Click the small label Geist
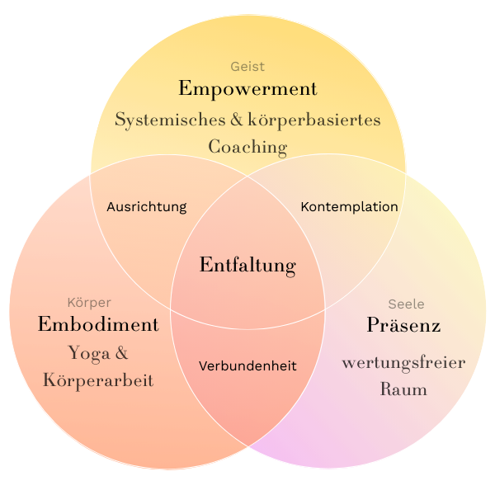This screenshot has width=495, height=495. click(247, 67)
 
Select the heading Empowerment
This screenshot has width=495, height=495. click(247, 88)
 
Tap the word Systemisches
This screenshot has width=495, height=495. click(167, 120)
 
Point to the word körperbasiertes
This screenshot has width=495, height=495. click(320, 120)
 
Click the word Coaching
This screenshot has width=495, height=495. click(247, 148)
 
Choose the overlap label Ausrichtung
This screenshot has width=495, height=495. click(147, 207)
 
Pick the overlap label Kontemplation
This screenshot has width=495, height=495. click(349, 207)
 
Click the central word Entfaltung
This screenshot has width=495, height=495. click(247, 266)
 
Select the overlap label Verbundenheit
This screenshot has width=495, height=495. click(247, 365)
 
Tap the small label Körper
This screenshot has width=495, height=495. click(89, 303)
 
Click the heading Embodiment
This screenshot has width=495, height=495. click(98, 324)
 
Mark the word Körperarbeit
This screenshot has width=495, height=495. click(98, 381)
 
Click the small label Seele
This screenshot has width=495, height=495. click(406, 304)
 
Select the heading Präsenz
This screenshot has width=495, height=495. click(403, 325)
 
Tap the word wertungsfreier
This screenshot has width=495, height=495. click(403, 363)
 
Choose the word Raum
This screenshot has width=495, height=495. click(403, 389)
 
